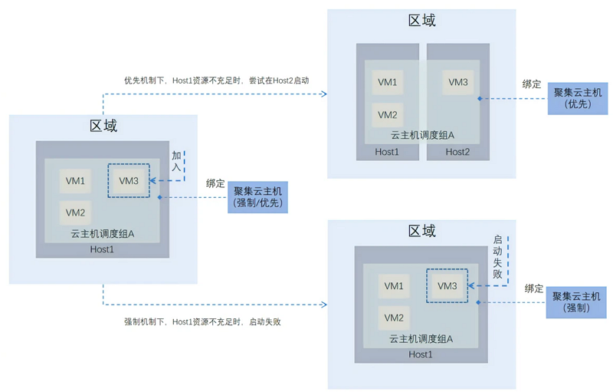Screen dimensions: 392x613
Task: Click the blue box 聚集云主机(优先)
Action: coord(577,97)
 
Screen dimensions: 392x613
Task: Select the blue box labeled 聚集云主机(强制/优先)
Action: coord(258,197)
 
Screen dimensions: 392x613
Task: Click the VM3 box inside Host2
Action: coord(458,82)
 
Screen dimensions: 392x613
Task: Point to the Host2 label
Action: coord(458,152)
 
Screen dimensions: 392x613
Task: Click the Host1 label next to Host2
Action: coord(387,152)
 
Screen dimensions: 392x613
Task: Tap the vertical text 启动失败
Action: coord(497,256)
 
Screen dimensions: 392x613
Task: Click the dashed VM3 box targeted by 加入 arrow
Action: coord(129,181)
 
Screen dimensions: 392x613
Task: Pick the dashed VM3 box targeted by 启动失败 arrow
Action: coord(447,286)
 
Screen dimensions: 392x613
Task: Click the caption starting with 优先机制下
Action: coord(217,80)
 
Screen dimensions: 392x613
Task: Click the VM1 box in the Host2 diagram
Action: coord(387,82)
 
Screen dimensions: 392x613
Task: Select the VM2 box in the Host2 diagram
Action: coord(387,115)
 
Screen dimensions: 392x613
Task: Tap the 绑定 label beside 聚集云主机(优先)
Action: coord(532,84)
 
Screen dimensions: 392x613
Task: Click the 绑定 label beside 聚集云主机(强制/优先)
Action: coord(216,183)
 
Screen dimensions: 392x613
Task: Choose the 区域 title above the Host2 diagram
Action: coord(421,21)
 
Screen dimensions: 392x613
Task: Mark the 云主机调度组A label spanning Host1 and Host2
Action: coord(422,135)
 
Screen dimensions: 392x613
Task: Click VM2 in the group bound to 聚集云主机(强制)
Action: coord(394,318)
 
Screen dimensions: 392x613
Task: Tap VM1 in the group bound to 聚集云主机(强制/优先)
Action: coord(75,181)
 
